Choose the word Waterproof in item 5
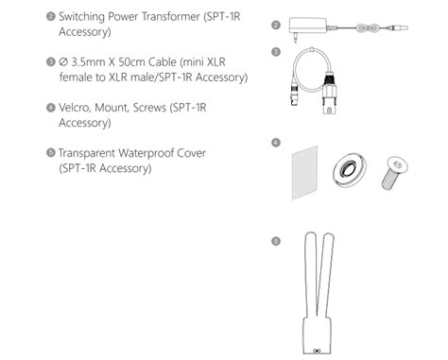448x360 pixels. click(x=166, y=153)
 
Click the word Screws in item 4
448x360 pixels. click(x=149, y=108)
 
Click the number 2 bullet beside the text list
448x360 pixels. click(x=50, y=18)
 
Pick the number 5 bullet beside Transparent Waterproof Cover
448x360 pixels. click(x=50, y=153)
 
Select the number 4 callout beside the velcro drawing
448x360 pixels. click(x=276, y=142)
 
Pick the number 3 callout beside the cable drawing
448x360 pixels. click(x=276, y=51)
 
